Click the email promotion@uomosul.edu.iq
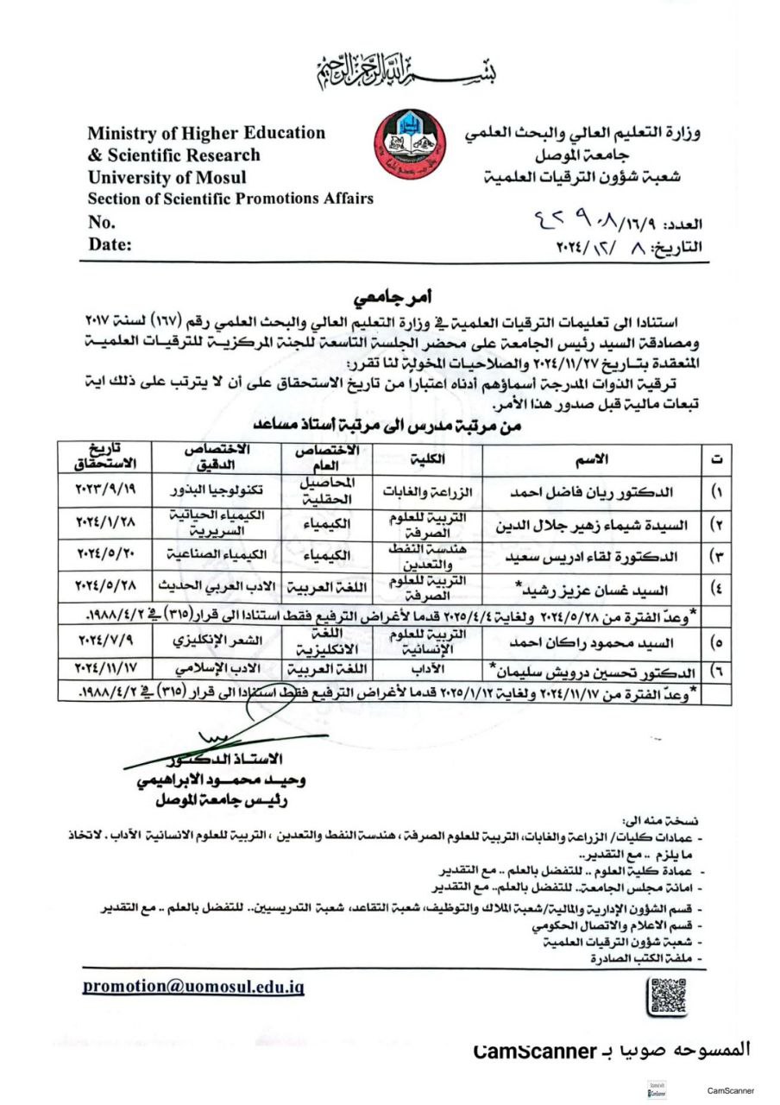193,987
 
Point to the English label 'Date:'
110,244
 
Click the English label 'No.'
101,222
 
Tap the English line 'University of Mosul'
167,178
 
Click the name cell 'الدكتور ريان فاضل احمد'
589,492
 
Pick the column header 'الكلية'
426,458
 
